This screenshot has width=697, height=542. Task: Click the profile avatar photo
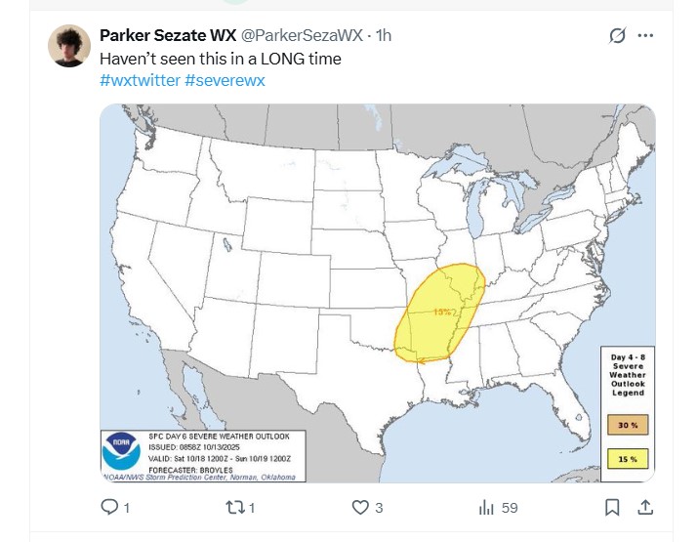[72, 46]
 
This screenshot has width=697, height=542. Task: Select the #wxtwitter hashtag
[140, 80]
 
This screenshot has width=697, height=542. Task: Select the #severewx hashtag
[225, 80]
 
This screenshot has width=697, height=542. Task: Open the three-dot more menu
[645, 35]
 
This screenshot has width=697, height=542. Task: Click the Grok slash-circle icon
[616, 35]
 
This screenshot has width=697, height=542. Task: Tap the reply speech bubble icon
[110, 508]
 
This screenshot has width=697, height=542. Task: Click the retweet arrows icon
[234, 508]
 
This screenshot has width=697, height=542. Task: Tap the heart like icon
[360, 508]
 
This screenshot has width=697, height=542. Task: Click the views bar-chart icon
[485, 508]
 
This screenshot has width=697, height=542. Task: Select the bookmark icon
[612, 508]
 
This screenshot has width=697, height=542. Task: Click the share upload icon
[644, 508]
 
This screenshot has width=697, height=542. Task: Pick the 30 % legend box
[628, 425]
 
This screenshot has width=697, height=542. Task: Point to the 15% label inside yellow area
[442, 312]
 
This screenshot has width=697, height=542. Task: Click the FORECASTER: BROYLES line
[191, 467]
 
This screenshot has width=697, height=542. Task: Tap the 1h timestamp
[383, 36]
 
